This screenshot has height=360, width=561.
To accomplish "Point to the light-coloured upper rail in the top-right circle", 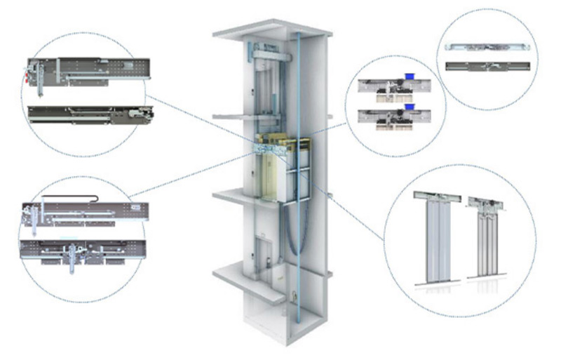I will [484, 48].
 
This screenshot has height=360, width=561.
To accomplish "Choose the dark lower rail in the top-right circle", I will [484, 67].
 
